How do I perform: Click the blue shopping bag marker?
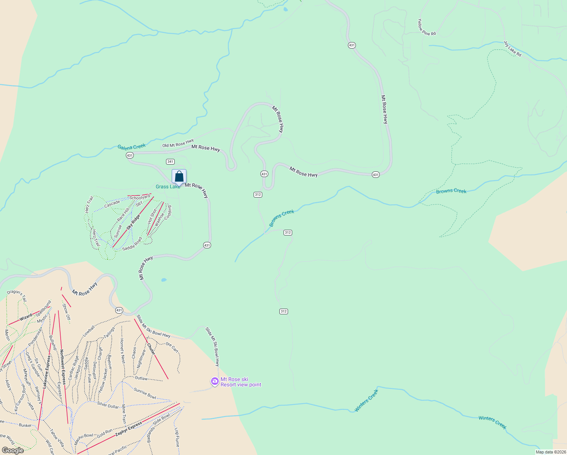click(x=179, y=177)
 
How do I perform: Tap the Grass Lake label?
click(x=168, y=187)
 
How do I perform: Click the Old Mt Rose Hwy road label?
click(x=178, y=143)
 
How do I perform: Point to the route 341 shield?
click(x=170, y=162)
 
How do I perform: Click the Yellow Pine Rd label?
click(x=426, y=27)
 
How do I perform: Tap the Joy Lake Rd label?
click(x=512, y=49)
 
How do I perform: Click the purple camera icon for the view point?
click(x=215, y=381)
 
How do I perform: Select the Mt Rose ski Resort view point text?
click(x=241, y=382)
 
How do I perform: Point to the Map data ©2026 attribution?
click(x=550, y=452)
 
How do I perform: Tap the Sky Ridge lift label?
click(x=133, y=222)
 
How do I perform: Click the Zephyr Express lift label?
click(x=129, y=428)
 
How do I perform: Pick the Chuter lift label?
click(x=151, y=349)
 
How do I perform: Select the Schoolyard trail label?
click(x=140, y=198)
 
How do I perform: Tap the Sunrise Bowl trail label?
click(x=145, y=393)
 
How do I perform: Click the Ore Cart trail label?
click(x=172, y=347)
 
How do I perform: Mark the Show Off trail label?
click(x=66, y=312)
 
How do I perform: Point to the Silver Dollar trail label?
click(x=108, y=405)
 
